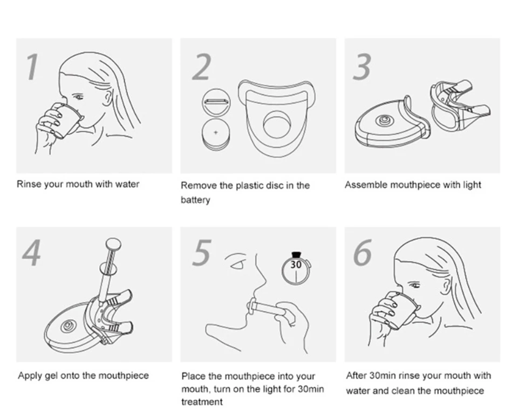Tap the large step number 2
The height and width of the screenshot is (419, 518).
(201, 67)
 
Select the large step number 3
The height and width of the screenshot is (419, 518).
(362, 67)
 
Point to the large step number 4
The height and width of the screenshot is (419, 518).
(32, 253)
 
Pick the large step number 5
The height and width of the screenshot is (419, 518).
(201, 253)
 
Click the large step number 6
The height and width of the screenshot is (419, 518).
(363, 253)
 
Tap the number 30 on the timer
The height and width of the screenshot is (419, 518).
(296, 265)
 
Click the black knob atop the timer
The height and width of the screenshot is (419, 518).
(296, 254)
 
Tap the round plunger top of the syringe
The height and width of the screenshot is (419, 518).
(113, 245)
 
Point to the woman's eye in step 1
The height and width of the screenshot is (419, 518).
(78, 97)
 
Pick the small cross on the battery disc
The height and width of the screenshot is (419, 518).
(216, 132)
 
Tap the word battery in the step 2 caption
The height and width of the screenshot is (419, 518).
(195, 200)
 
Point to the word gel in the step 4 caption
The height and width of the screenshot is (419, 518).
(51, 376)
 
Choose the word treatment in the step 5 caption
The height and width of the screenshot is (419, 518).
(202, 402)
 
